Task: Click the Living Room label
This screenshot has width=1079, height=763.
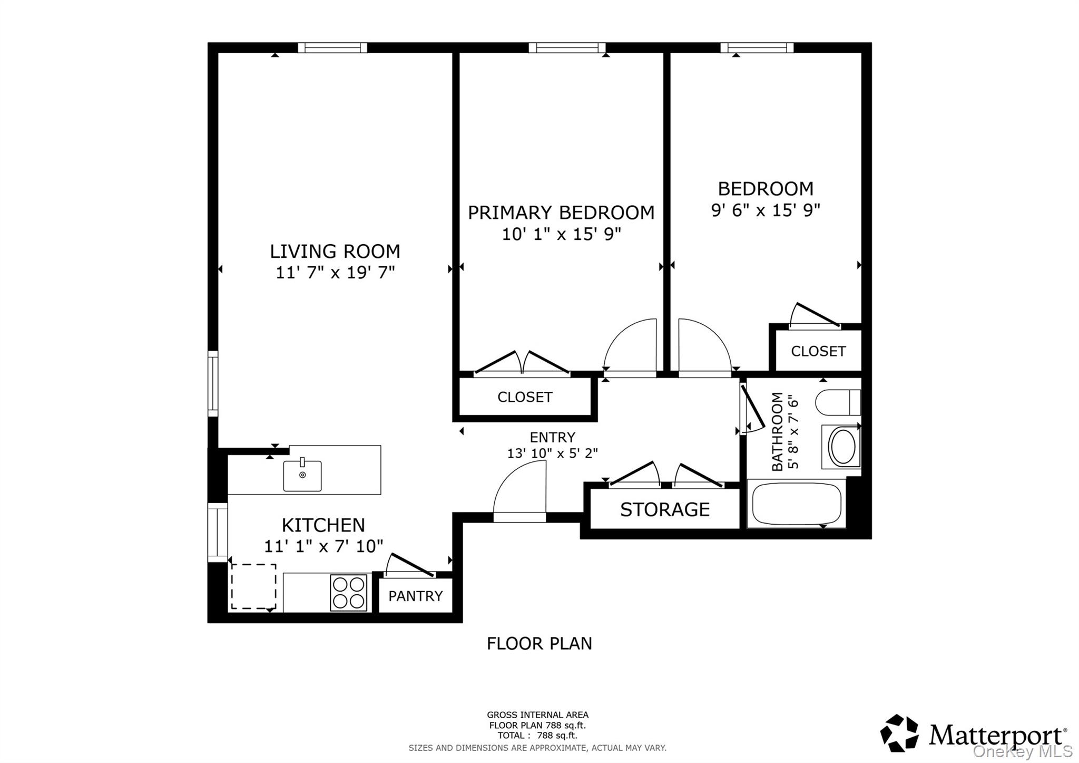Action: pos(335,251)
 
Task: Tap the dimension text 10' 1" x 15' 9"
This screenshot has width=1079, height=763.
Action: pos(561,234)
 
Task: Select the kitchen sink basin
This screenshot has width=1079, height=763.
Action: pos(302,476)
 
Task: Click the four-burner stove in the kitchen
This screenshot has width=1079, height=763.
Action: pos(348,593)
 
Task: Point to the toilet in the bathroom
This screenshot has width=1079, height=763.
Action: pos(837,403)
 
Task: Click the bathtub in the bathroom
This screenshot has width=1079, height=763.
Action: pos(796,504)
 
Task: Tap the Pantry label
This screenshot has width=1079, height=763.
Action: pos(415,596)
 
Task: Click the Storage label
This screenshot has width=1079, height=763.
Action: pos(664,509)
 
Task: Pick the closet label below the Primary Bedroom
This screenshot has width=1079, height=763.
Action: pos(525,397)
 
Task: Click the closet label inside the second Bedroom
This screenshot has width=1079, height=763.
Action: pos(818,351)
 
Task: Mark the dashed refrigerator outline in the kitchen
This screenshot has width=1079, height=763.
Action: pos(253,586)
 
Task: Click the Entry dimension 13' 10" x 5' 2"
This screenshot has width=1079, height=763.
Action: pos(552,453)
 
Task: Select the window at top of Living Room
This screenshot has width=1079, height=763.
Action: pos(332,48)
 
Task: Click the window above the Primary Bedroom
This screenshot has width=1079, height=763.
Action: pos(567,48)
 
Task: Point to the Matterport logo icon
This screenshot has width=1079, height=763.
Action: pos(899,733)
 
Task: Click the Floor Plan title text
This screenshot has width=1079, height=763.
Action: pos(539,643)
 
